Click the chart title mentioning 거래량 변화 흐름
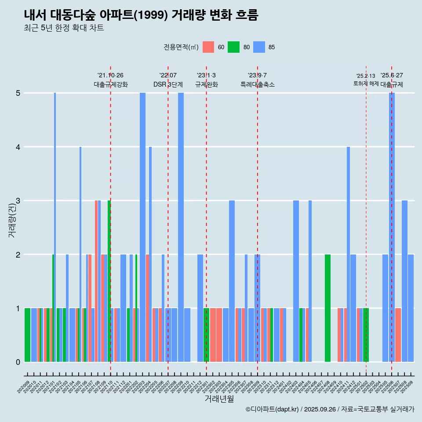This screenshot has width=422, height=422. click(141, 15)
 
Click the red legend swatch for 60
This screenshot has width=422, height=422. click(208, 47)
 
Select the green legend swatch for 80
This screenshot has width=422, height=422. click(233, 47)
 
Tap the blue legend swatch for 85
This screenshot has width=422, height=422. click(260, 47)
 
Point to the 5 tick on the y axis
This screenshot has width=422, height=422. click(18, 93)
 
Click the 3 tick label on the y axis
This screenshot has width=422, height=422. click(18, 201)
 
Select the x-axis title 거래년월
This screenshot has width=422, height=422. click(219, 399)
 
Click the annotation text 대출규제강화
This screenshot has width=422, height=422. click(110, 84)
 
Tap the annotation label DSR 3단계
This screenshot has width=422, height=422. click(168, 84)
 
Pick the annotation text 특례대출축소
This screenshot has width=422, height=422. click(257, 84)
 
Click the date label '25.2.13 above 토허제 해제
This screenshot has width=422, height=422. click(366, 76)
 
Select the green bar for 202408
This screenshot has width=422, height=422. click(327, 308)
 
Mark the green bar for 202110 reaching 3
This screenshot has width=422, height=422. click(109, 281)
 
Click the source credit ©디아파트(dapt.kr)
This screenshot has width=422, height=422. click(273, 409)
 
